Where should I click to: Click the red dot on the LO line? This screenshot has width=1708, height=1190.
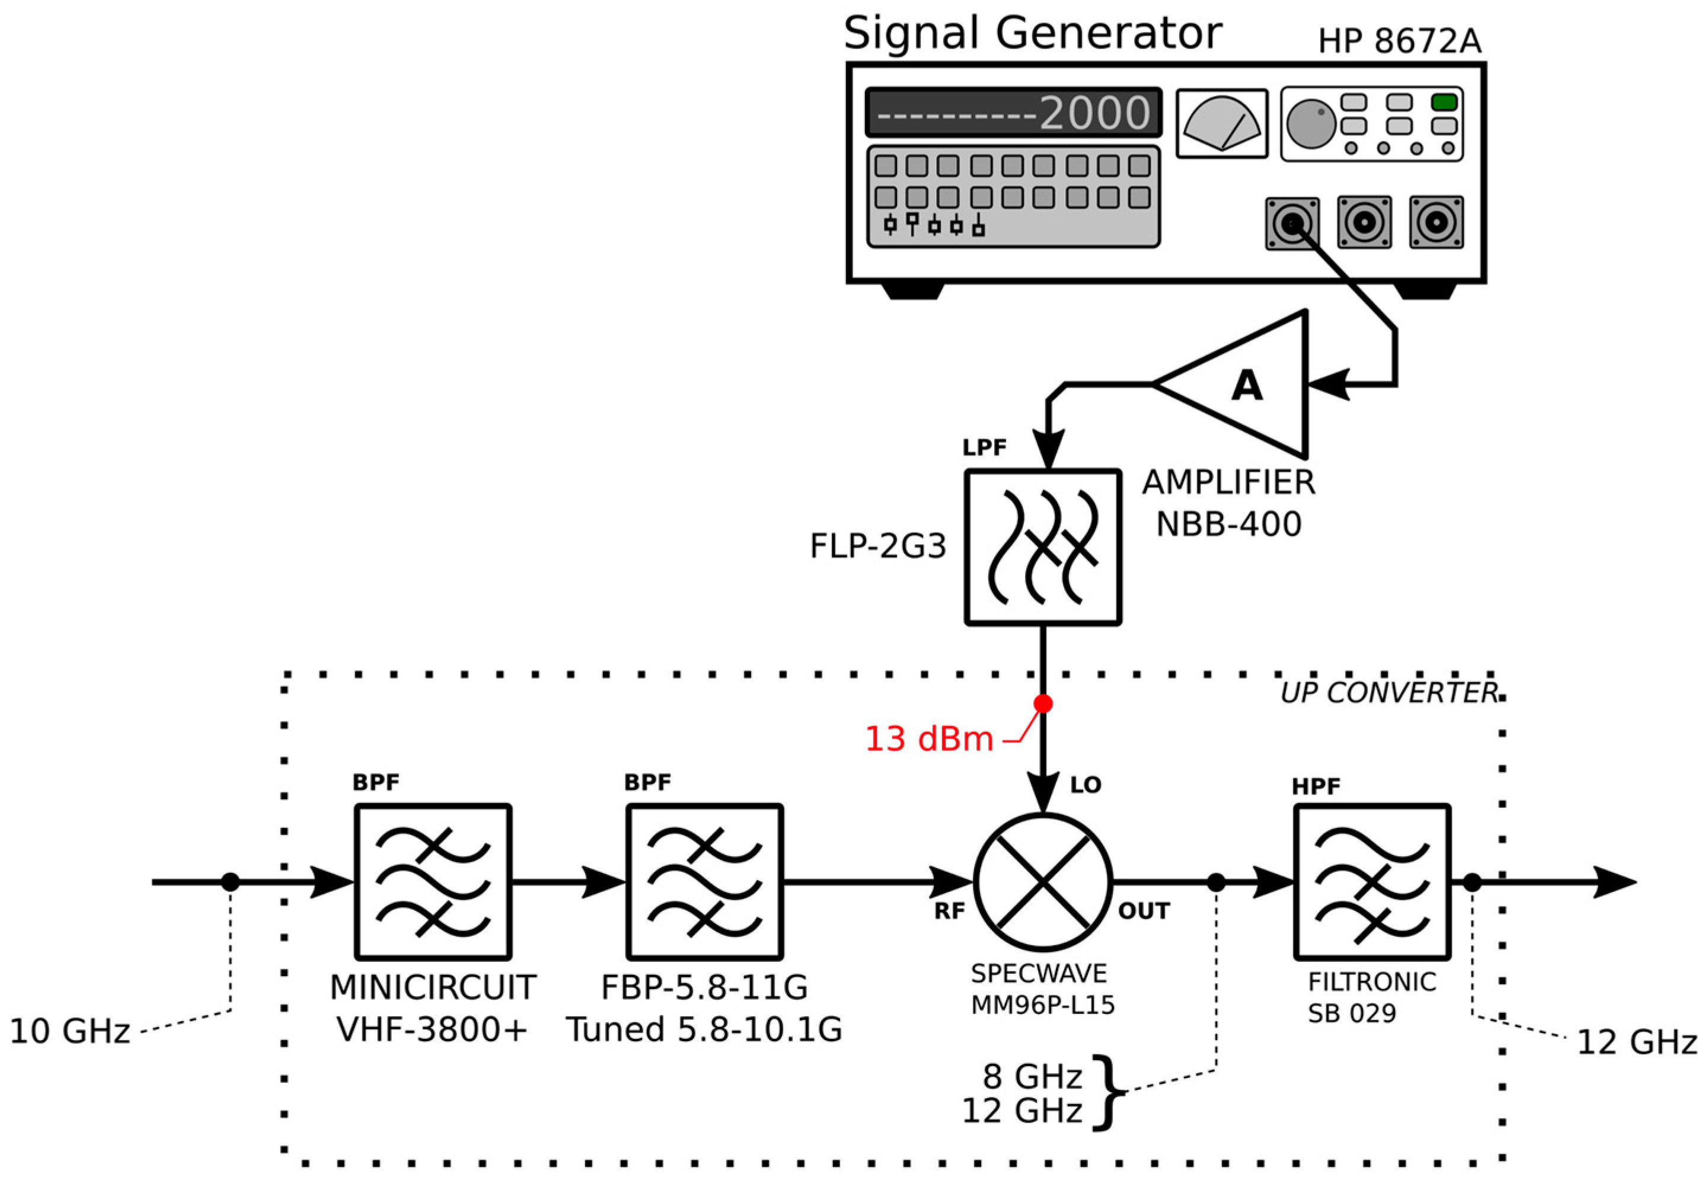(x=1043, y=703)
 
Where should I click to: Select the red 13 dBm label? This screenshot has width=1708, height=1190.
(x=928, y=739)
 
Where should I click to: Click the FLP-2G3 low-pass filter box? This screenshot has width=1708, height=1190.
(x=1043, y=548)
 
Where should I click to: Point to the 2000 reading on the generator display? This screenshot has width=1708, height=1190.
(x=1094, y=113)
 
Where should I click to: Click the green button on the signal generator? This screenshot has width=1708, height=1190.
(x=1444, y=102)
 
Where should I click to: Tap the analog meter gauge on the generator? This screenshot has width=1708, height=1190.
(x=1221, y=123)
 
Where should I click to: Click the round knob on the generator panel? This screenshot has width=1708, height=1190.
(x=1311, y=123)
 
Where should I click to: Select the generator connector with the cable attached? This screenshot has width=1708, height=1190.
(x=1293, y=223)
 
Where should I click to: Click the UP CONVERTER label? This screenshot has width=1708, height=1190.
(x=1388, y=693)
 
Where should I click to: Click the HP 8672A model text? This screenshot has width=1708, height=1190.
(x=1399, y=41)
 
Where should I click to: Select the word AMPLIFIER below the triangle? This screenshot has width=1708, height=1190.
(x=1229, y=482)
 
